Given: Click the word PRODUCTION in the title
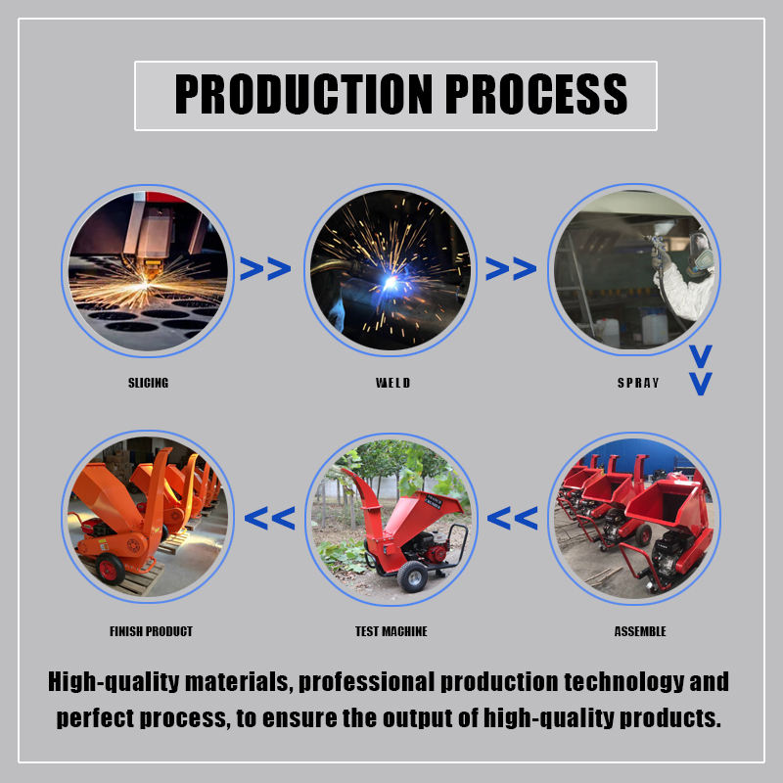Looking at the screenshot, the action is [x=303, y=94].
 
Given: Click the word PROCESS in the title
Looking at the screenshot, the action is [x=535, y=94].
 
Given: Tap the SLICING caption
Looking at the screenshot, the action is [x=149, y=383].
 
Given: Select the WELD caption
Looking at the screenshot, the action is [x=393, y=383].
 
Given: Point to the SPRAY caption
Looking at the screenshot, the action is [x=638, y=383].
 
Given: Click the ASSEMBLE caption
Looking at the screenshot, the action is [x=640, y=631].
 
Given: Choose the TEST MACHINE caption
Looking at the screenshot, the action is [x=391, y=631].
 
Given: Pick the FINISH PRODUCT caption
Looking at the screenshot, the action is [x=151, y=631].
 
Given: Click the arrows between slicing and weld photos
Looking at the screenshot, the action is [x=265, y=268].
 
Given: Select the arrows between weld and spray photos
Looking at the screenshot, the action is [x=511, y=268].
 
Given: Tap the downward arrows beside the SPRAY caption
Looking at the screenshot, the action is [x=701, y=370].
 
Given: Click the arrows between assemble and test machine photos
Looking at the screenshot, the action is [x=512, y=518].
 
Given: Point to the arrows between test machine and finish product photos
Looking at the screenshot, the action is [x=270, y=518].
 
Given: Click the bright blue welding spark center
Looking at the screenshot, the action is [x=390, y=283].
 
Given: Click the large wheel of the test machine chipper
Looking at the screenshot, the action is [x=412, y=576].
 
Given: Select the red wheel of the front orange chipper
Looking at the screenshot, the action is [x=110, y=569].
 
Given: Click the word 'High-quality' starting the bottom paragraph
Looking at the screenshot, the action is [x=114, y=682].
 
